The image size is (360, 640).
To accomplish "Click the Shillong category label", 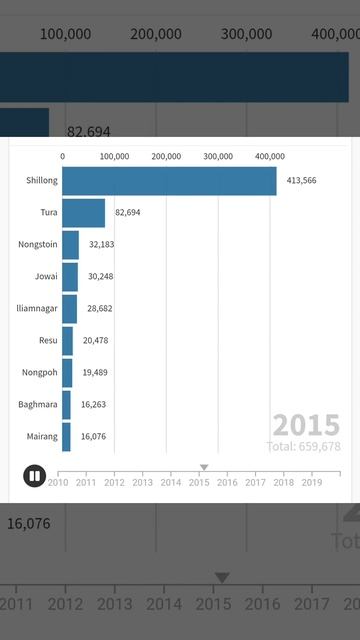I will coord(42,181).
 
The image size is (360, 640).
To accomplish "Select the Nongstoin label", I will coord(38,245).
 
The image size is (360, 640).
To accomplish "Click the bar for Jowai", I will coord(70,277).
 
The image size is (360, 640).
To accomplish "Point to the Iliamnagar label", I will coord(38,309).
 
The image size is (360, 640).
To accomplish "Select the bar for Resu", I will coord(67,341).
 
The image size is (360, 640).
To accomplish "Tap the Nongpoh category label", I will coord(40,373).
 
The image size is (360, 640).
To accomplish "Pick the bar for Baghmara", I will coord(66,405).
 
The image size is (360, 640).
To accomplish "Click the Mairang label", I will coord(42,437).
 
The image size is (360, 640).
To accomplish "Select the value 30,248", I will coord(100,277).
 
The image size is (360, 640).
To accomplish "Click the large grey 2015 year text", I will coord(306,424).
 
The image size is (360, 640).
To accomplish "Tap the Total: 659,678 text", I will coord(303,446).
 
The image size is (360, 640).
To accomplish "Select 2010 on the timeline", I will coord(58,482).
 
